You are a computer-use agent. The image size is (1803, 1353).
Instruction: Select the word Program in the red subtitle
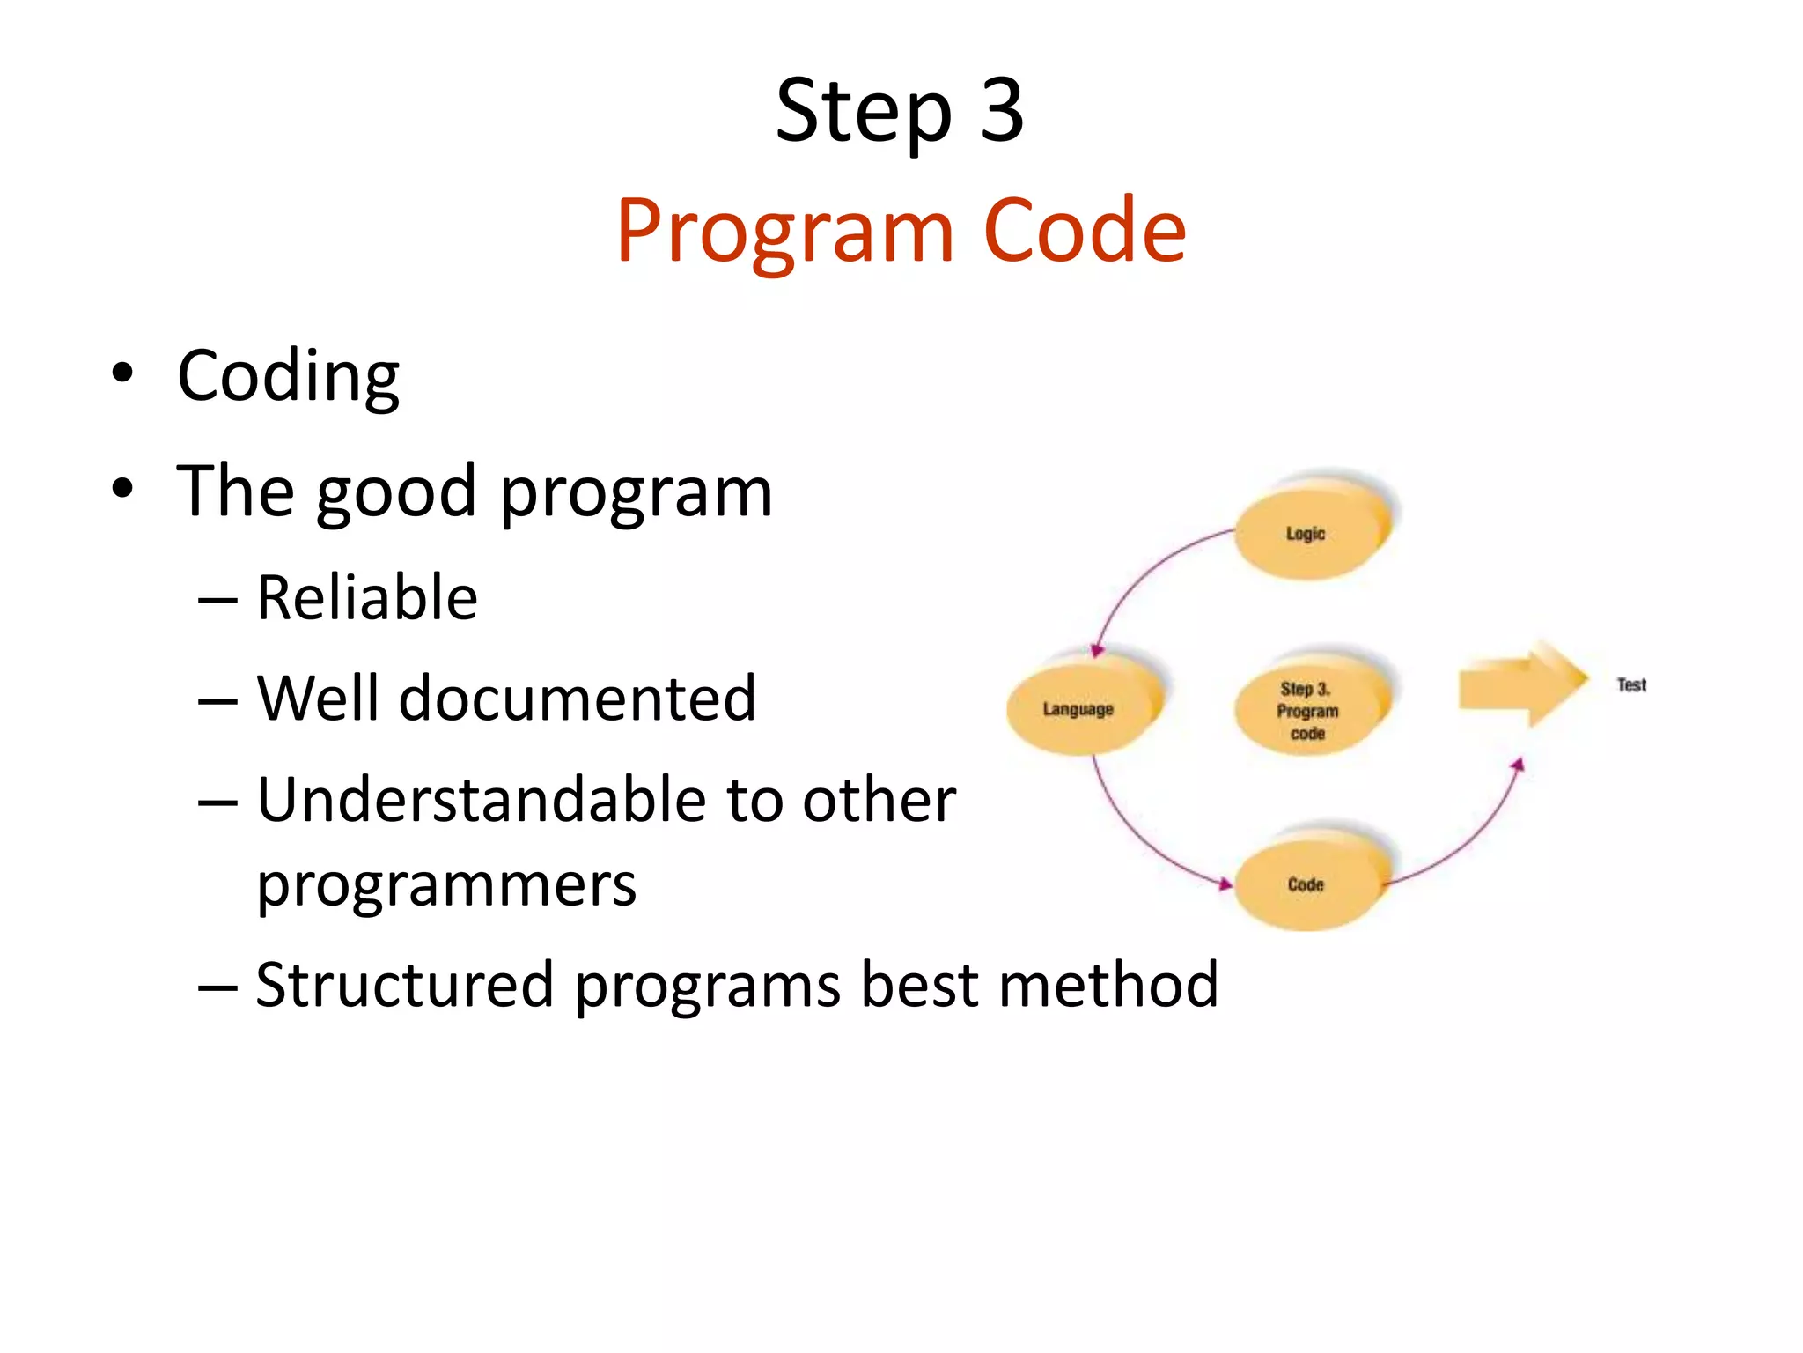[784, 231]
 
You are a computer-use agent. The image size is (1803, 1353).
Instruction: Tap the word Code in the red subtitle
[1084, 231]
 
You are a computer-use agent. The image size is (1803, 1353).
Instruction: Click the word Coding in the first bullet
[288, 376]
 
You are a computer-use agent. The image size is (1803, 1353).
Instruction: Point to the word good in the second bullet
[398, 492]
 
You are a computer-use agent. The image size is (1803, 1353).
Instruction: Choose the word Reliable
[366, 598]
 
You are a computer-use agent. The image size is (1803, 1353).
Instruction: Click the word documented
[577, 699]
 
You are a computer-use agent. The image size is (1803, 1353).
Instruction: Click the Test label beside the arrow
[1631, 684]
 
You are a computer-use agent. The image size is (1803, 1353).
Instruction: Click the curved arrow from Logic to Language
[1144, 573]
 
